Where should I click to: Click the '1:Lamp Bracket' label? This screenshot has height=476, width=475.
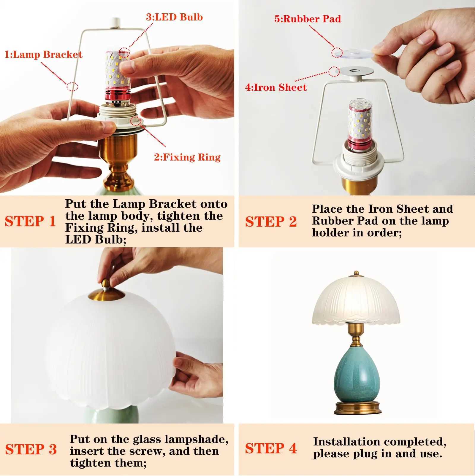tap(43, 55)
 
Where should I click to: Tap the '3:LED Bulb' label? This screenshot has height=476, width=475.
tap(174, 17)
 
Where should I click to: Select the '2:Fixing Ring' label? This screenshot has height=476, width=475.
tap(187, 157)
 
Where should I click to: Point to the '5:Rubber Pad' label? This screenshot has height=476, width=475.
tap(308, 19)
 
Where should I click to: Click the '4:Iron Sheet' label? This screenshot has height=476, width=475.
tap(276, 87)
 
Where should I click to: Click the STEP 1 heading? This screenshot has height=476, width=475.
tap(30, 221)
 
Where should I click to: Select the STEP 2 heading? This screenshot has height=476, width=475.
tap(271, 222)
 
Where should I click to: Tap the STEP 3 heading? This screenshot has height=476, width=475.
tap(31, 449)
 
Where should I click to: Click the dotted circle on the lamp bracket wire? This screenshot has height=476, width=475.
tap(72, 87)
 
